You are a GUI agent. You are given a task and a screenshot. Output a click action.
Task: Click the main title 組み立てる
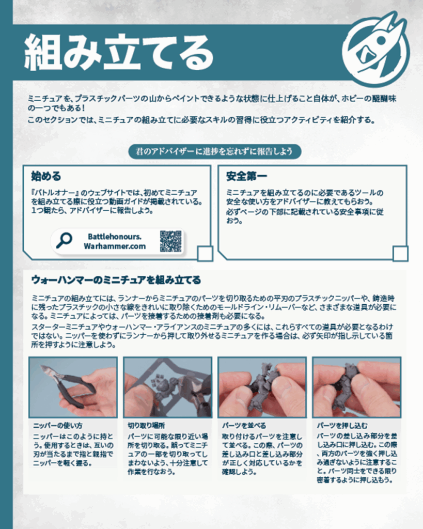coord(119,52)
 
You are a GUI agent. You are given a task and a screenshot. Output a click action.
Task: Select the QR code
coord(170,241)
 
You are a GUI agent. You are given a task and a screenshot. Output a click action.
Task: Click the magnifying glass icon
coord(64,241)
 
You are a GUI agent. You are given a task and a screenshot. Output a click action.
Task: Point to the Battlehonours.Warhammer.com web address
coord(115,241)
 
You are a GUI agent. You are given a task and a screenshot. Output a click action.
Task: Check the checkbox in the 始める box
coord(205,254)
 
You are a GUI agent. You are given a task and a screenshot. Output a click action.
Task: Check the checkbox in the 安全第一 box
coord(400,254)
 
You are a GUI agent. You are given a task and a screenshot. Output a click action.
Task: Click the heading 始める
coord(46,176)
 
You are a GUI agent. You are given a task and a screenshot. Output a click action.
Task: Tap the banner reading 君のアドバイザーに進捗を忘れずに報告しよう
coord(214,151)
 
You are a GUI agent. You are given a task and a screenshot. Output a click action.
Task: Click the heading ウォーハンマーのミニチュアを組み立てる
coord(116,279)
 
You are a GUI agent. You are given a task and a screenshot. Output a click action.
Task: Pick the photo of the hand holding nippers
coord(73,387)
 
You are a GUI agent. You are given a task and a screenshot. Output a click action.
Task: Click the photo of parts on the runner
coord(168,387)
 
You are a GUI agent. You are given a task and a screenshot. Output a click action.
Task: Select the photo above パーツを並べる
coord(262,387)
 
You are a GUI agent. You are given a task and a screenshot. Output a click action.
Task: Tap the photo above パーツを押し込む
coord(356,387)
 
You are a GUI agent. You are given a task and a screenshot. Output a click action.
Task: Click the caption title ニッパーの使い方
coord(58,426)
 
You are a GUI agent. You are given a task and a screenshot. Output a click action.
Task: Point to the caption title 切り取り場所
coord(146,426)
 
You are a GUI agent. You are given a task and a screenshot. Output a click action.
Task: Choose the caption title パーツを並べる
coord(244,426)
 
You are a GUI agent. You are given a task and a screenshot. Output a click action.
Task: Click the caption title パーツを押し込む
coord(342,426)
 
